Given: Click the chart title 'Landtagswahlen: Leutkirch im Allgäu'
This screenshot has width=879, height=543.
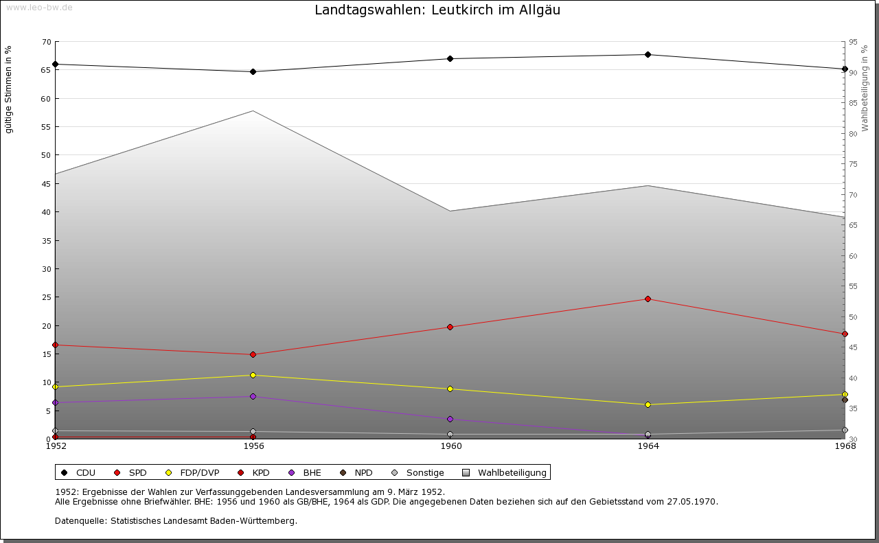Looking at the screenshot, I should pos(437,10).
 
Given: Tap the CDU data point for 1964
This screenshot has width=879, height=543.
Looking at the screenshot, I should pos(648,54).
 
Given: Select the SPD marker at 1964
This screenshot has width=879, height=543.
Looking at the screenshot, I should pos(648,299).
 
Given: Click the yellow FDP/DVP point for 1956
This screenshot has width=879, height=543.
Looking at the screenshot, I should pos(253,375).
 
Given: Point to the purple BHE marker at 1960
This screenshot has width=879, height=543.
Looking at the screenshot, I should pos(450,419).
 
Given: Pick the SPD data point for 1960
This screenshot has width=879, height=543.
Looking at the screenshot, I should pos(450,327).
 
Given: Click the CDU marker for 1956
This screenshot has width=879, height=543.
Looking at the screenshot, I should pos(253,71).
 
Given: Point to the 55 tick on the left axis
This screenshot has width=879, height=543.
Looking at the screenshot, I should pos(46,127).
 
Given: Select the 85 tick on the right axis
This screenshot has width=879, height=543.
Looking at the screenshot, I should pos(853,104).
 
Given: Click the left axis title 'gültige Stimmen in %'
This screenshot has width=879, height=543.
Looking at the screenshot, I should pos(9,89).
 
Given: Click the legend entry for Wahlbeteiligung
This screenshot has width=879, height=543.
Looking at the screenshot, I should pos(512,472).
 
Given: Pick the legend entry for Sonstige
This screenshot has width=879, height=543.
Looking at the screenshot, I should pos(424,472).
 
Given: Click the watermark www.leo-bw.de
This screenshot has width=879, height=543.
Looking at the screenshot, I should pos(39,7).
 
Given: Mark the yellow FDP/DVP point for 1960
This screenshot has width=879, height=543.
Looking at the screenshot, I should pos(450,389).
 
